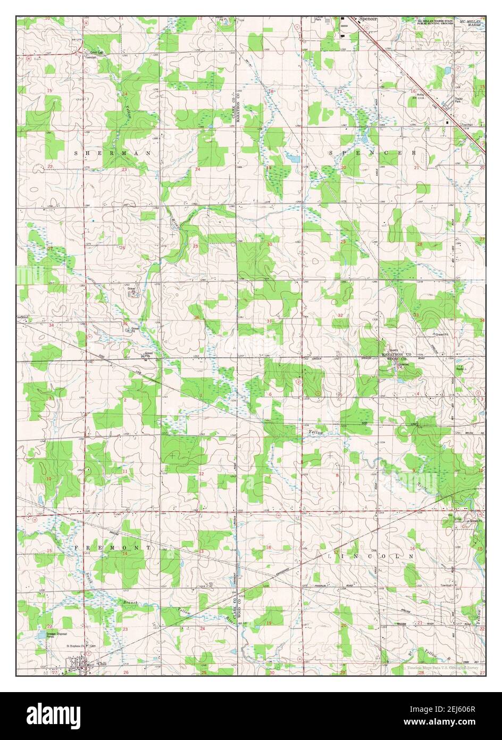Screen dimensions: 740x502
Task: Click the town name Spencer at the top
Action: pos(368,19)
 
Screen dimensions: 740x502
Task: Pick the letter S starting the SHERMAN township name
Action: pos(76,153)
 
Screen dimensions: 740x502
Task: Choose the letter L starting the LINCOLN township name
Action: pos(331,555)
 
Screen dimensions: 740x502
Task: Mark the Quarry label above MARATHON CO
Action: pos(394,350)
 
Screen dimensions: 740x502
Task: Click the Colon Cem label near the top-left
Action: pos(96,52)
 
